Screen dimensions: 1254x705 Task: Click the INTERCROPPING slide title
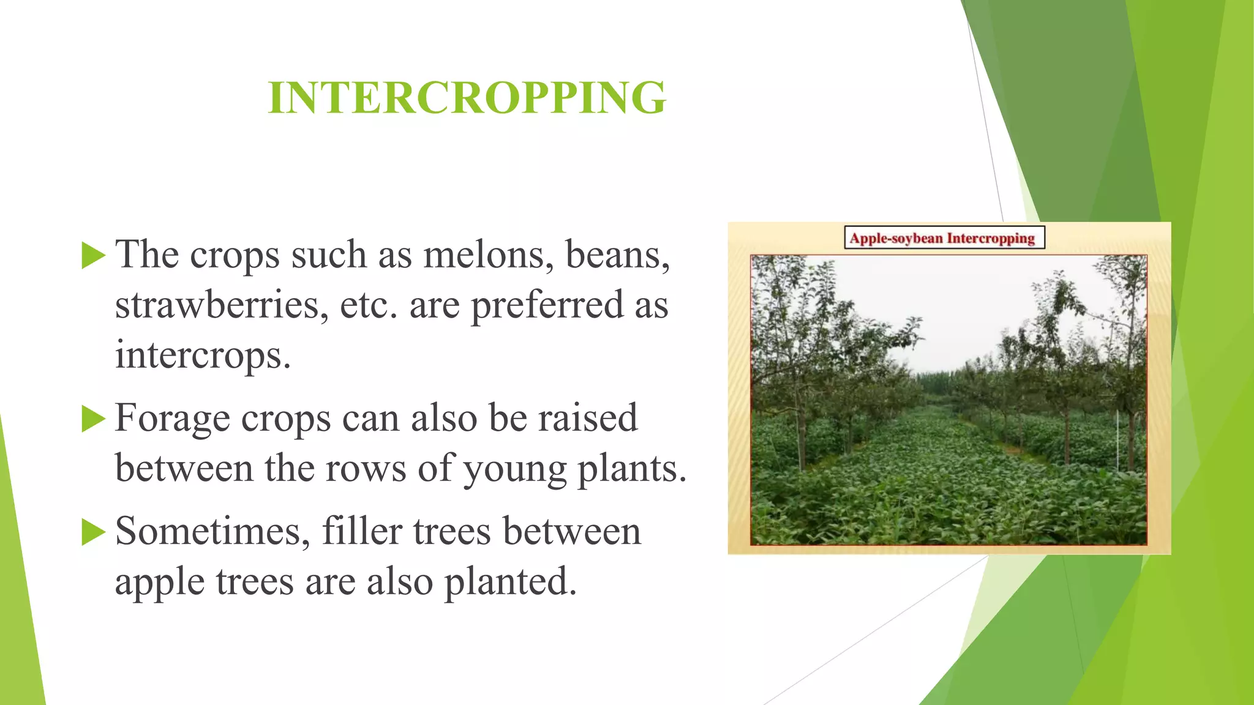tap(467, 98)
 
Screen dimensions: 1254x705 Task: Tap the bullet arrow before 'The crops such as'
tap(94, 255)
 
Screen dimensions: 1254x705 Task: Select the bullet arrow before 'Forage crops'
tap(94, 419)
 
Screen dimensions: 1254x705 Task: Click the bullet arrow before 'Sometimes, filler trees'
tap(94, 532)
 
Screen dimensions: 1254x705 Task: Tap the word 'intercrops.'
tap(203, 355)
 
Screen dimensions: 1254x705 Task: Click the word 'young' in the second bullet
tap(515, 470)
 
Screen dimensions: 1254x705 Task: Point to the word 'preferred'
tap(547, 306)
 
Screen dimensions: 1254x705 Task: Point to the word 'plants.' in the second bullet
tap(633, 470)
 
